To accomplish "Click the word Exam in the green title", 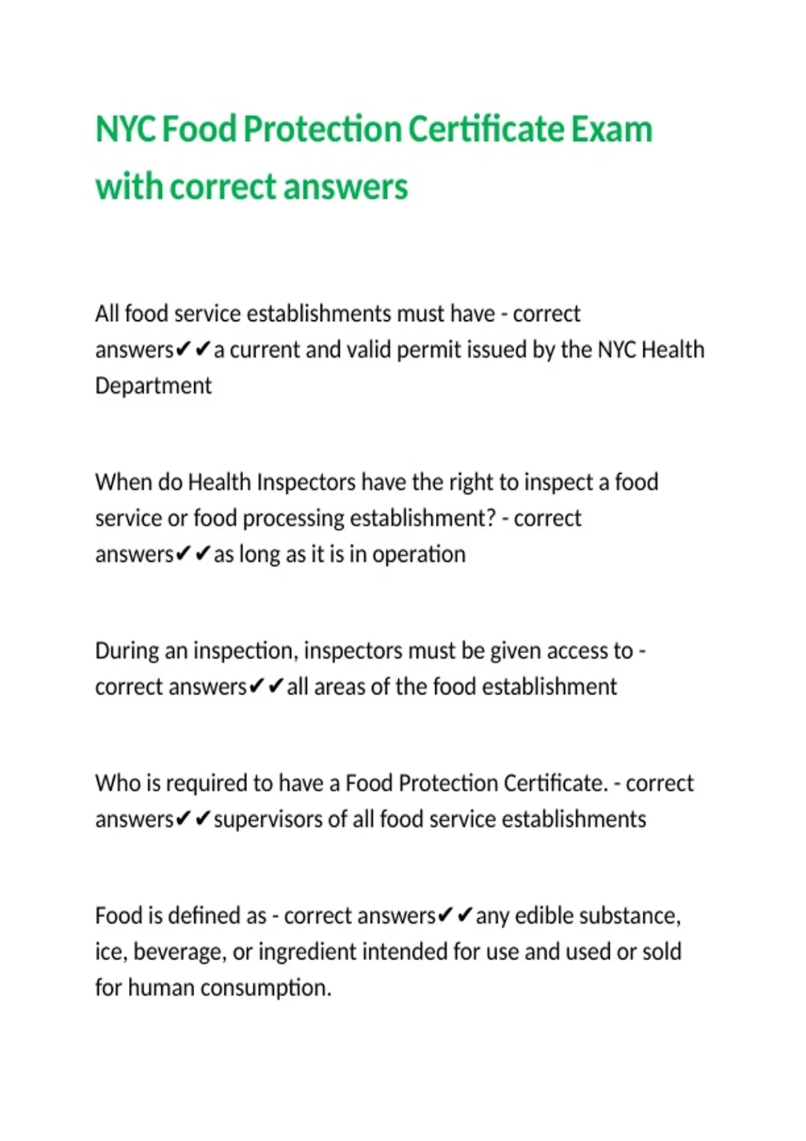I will pyautogui.click(x=611, y=129).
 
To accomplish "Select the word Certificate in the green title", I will pyautogui.click(x=486, y=129).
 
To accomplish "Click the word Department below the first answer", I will pyautogui.click(x=153, y=386).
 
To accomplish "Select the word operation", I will pyautogui.click(x=418, y=554).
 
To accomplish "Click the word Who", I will pyautogui.click(x=118, y=783).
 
